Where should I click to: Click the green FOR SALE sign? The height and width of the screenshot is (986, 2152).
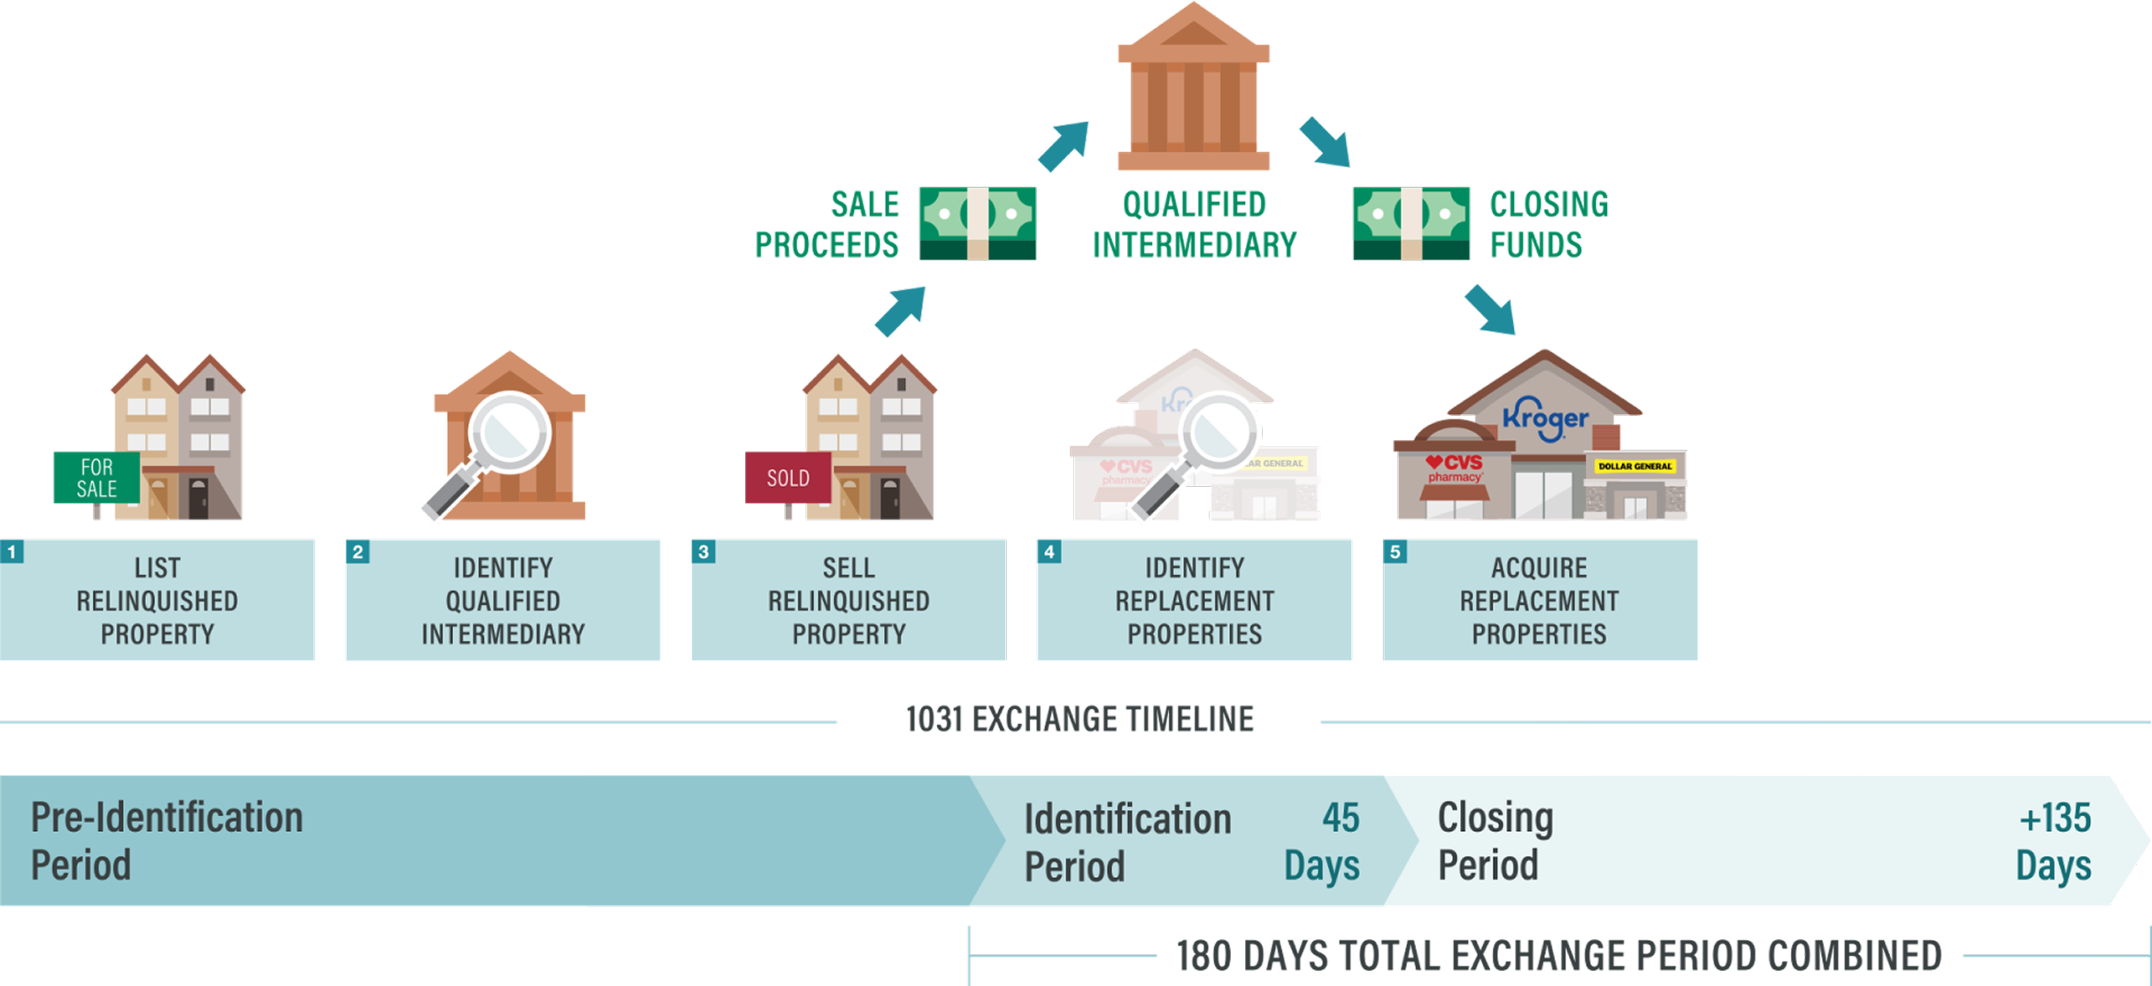pos(96,478)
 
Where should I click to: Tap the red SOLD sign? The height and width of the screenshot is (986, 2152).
pos(788,478)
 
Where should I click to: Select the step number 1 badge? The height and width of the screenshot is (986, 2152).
pos(12,552)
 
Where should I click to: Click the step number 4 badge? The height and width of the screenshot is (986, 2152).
pos(1049,552)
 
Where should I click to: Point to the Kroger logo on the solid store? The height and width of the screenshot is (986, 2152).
pos(1545,419)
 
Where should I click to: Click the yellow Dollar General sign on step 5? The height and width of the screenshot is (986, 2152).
pos(1634,466)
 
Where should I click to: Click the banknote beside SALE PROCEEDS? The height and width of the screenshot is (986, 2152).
pos(977,223)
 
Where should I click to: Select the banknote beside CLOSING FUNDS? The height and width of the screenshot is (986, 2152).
pos(1411,223)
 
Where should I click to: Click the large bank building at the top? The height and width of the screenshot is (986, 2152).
pos(1193,89)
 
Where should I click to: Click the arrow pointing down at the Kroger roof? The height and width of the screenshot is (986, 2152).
pos(1491,310)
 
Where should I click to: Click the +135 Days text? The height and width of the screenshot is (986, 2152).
pos(2054,842)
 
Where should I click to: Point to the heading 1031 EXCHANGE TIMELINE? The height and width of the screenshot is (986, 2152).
pos(1080,720)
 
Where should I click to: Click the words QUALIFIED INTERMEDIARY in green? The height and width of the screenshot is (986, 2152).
pos(1195,225)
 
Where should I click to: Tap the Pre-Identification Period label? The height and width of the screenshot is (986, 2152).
pos(166,841)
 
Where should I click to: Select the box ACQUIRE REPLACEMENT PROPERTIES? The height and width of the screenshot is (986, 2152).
pos(1540,600)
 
